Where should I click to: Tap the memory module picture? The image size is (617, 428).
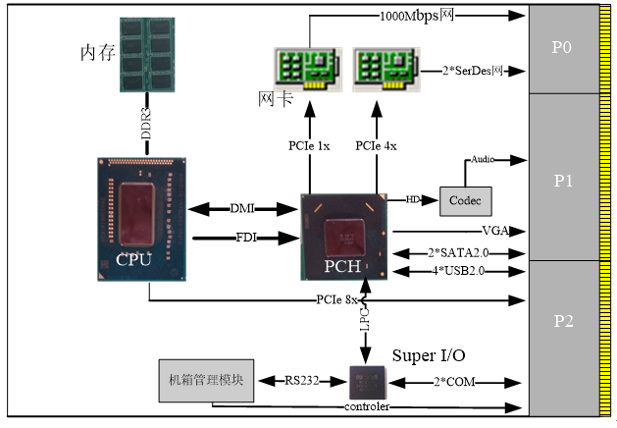tap(147, 55)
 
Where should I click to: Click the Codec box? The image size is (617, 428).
tap(466, 200)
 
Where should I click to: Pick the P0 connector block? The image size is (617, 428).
tap(562, 48)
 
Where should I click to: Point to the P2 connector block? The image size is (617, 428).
tap(562, 320)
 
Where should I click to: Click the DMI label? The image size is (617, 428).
tap(242, 208)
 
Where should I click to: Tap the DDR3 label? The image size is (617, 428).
tap(147, 124)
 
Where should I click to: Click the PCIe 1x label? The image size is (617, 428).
tap(309, 146)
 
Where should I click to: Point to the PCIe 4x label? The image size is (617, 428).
tap(376, 146)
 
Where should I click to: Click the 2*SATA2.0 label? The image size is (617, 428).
tap(455, 252)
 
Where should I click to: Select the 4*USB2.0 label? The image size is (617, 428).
tap(455, 269)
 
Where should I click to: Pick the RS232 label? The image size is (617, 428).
tap(302, 380)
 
